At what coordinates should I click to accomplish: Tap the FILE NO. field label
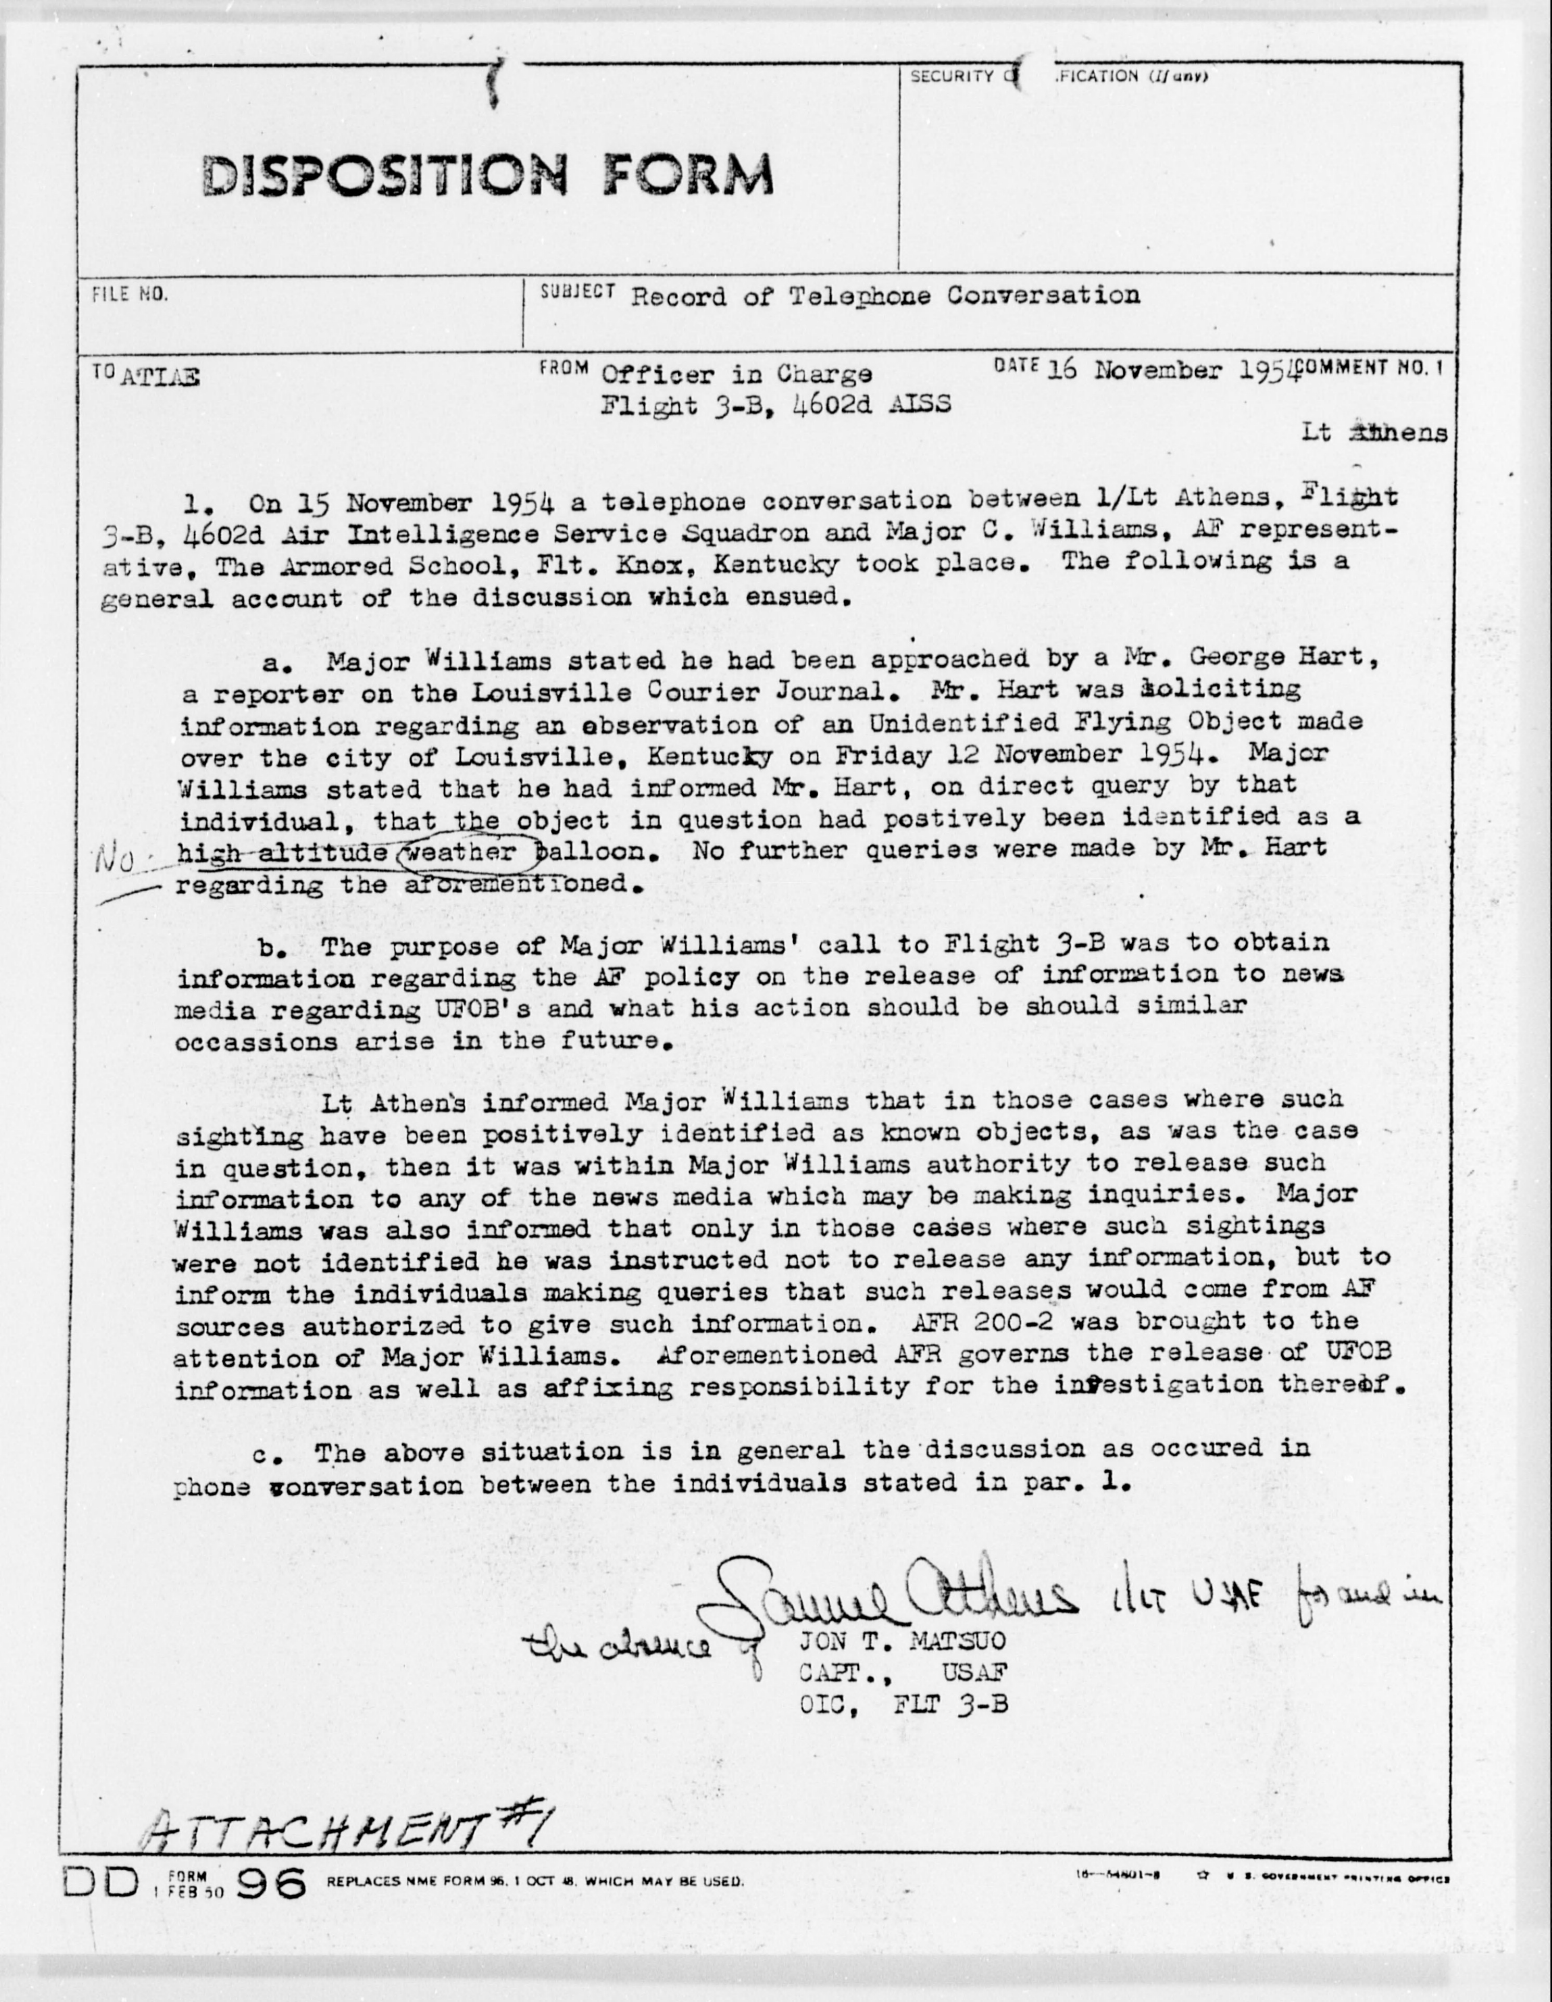click(x=129, y=295)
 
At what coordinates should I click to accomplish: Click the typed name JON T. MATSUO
click(x=902, y=1639)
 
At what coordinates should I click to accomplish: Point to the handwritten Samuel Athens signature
click(x=880, y=1599)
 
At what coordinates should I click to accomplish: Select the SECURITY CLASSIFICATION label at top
click(x=1059, y=77)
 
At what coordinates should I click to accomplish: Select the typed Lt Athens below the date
click(x=1375, y=433)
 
